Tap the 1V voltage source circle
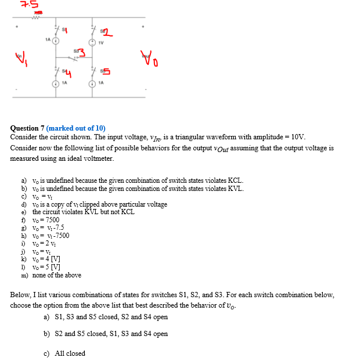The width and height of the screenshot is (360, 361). tap(92, 41)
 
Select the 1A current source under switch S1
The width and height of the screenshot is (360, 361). tap(56, 41)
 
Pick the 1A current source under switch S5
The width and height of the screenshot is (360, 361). tap(92, 84)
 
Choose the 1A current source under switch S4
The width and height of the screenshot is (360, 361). tap(56, 84)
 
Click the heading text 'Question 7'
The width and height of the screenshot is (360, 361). tap(27, 128)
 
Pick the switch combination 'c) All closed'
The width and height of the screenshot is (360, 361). tap(64, 353)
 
